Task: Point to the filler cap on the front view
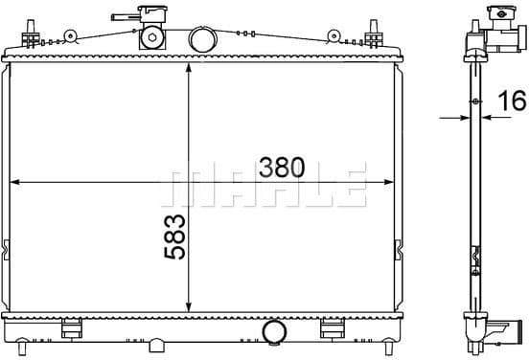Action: pos(150,17)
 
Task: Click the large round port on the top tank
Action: pos(202,40)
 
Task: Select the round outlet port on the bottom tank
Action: pos(274,331)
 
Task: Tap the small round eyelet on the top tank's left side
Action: pos(68,36)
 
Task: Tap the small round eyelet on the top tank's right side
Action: pos(333,36)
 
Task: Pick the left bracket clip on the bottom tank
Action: pos(71,329)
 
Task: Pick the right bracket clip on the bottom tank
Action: pos(331,329)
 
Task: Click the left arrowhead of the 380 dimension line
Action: pos(13,182)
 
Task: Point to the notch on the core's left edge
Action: pos(8,251)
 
